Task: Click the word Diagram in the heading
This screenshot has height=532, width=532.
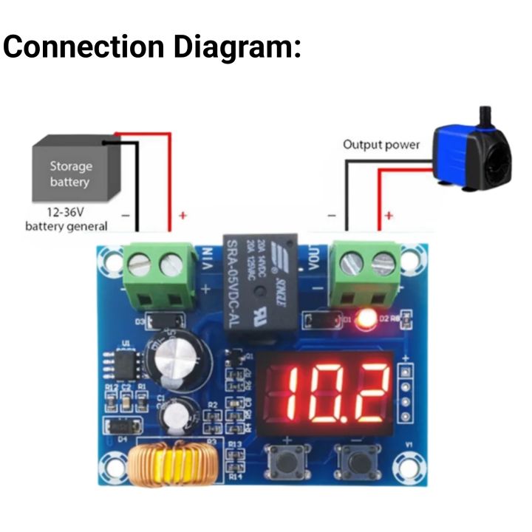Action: (x=236, y=47)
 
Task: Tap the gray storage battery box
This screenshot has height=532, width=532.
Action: (x=72, y=173)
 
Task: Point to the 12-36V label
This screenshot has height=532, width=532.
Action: (x=65, y=213)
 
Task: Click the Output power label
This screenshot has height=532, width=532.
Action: (x=381, y=145)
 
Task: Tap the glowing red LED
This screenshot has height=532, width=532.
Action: (x=364, y=321)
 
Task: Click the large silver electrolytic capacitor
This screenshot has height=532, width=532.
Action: (x=177, y=362)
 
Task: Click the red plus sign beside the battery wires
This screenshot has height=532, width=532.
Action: (x=182, y=216)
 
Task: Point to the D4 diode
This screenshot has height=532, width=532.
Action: (x=121, y=426)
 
